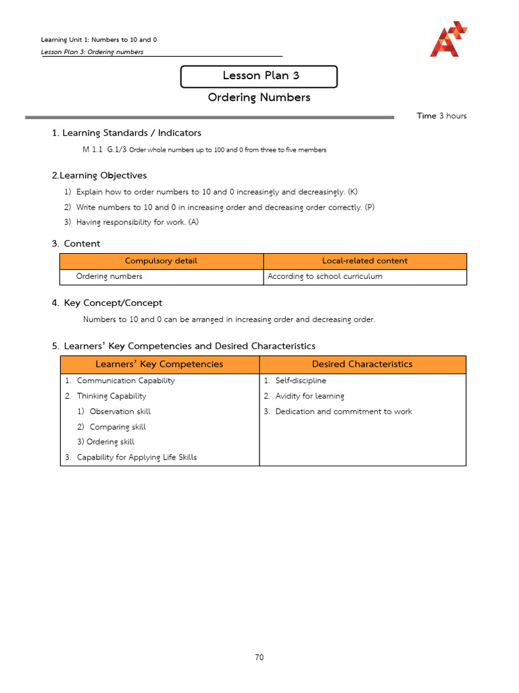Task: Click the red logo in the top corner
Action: [x=448, y=39]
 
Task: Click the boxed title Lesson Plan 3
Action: [x=259, y=76]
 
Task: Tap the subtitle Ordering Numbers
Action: [x=259, y=97]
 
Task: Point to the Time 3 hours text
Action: [x=441, y=116]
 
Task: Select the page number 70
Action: [x=259, y=657]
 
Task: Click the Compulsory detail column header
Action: [x=162, y=261]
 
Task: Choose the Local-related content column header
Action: [x=364, y=261]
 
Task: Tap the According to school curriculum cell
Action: [x=325, y=277]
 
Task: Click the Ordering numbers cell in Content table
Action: [x=109, y=277]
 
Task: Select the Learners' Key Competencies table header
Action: [x=159, y=365]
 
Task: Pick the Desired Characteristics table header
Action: [x=362, y=365]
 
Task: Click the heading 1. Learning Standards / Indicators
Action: [x=126, y=133]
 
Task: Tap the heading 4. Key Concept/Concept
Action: [x=107, y=303]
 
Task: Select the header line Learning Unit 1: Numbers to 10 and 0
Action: [x=99, y=40]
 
